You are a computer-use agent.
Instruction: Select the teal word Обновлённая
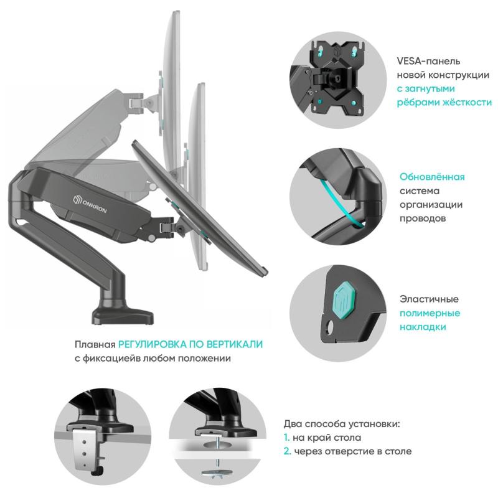[x=431, y=177]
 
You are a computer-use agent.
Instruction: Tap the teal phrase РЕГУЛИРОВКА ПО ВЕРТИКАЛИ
[x=191, y=344]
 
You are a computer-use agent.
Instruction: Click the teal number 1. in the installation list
[x=288, y=438]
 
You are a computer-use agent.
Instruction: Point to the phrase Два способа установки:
[x=342, y=424]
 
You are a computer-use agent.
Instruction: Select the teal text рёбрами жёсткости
[x=444, y=102]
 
